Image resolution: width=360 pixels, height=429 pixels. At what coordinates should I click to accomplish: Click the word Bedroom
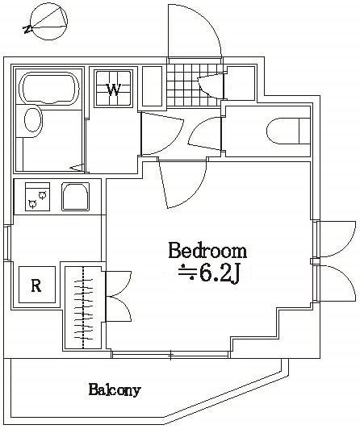click(207, 250)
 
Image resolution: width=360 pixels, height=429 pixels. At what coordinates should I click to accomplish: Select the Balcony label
click(115, 389)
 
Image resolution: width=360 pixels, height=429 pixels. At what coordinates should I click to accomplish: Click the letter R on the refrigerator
click(36, 285)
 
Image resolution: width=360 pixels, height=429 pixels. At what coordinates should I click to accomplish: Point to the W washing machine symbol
click(113, 89)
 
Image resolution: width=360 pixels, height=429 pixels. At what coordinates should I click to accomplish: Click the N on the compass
click(27, 29)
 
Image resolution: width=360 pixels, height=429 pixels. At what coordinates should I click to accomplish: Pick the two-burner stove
click(37, 197)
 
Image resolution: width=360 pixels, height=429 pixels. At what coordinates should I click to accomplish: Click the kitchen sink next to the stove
click(76, 197)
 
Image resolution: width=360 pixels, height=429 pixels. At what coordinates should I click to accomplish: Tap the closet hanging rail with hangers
click(82, 307)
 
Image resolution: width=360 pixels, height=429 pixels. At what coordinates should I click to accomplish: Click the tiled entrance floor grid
click(195, 85)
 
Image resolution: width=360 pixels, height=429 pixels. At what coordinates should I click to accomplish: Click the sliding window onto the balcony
click(170, 355)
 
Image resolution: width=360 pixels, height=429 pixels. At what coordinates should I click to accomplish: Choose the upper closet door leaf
click(119, 284)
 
